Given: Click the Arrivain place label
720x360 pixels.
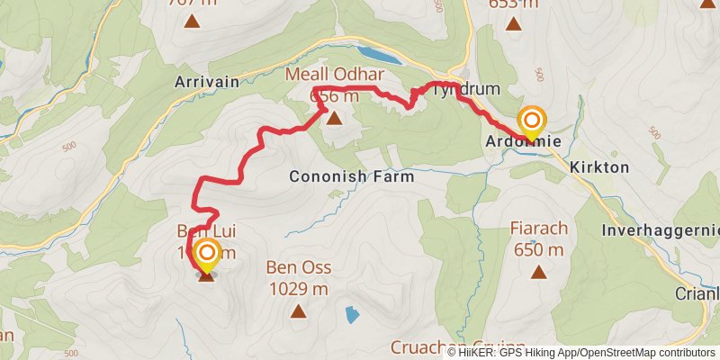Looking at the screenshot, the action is [208, 82].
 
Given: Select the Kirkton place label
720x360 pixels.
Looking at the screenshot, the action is [598, 168].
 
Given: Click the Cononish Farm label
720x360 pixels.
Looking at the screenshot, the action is [352, 177].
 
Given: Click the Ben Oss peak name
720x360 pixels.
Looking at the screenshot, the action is [299, 268].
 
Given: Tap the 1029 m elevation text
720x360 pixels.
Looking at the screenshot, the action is [299, 288].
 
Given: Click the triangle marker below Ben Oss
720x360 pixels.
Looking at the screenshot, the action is [299, 311].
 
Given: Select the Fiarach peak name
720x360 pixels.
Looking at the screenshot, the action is [538, 228].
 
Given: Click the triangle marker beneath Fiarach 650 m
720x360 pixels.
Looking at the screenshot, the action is [538, 272].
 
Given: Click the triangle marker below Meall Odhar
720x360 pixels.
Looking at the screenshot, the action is [335, 118].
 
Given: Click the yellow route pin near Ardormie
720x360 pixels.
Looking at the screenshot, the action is [532, 123].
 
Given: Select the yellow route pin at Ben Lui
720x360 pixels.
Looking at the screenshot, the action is [207, 256].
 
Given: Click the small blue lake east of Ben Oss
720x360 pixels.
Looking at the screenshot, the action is [350, 315].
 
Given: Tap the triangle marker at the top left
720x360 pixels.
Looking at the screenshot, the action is [191, 20].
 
